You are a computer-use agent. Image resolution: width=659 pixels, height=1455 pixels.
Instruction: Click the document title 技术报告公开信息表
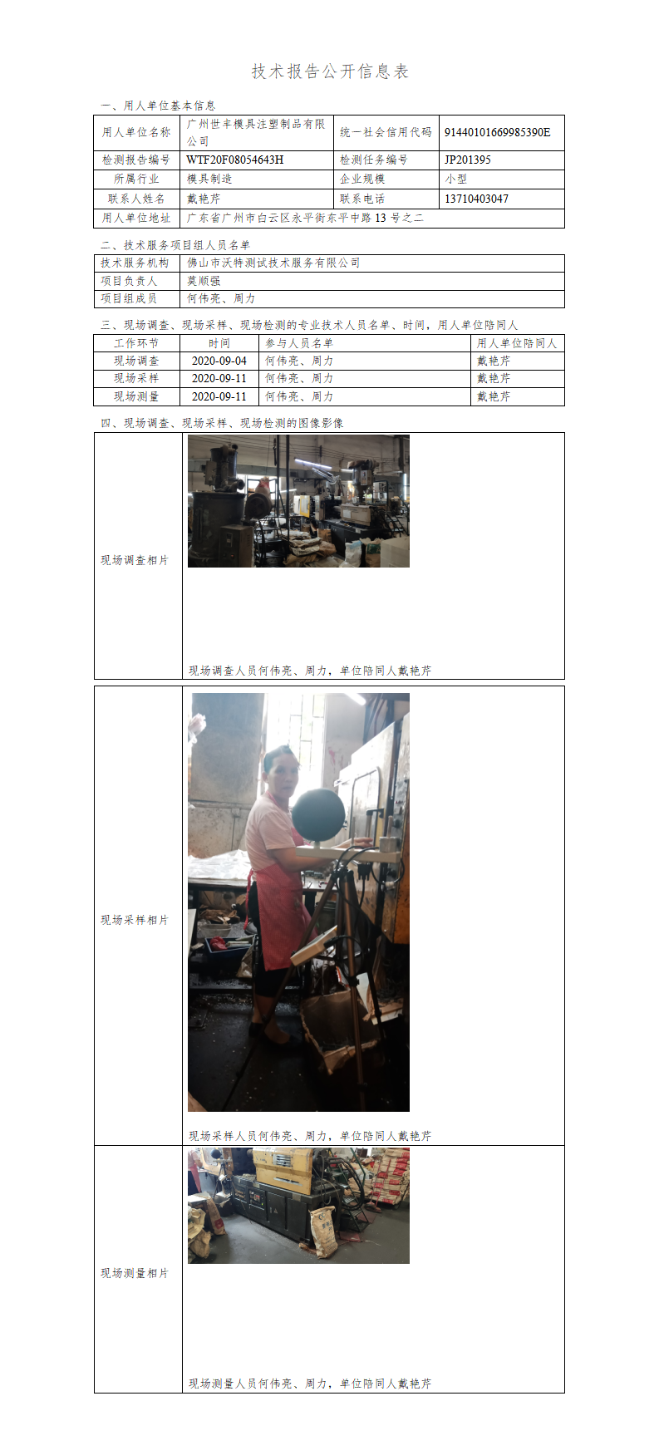(330, 71)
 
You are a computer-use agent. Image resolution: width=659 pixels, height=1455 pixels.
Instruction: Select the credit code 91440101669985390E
(497, 132)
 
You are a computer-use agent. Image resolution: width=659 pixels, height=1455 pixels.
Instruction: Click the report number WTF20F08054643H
(234, 160)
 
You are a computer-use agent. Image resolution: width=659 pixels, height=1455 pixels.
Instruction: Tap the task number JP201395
(467, 160)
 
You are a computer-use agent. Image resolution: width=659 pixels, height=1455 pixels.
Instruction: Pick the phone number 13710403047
(476, 199)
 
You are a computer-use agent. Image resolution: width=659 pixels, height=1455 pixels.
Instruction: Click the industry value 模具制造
(209, 179)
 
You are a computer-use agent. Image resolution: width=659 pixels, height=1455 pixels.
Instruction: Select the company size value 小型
(456, 179)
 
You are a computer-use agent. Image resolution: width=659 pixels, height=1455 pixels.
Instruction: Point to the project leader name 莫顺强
(204, 281)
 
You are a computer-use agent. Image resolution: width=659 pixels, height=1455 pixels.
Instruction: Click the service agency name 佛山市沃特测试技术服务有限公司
(273, 263)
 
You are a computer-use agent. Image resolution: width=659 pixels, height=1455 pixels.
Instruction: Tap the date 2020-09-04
(219, 361)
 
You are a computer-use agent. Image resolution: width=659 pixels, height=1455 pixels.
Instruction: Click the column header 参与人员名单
(299, 343)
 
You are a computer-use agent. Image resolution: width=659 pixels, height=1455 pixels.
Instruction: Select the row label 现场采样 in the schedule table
(136, 378)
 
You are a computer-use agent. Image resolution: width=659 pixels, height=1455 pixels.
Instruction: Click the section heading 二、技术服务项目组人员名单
(175, 245)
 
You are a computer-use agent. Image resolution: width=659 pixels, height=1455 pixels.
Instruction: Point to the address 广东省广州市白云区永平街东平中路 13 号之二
(305, 218)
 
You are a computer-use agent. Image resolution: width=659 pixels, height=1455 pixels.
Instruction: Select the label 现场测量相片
(135, 1273)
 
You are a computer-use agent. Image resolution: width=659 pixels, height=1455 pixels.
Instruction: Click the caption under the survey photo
(310, 671)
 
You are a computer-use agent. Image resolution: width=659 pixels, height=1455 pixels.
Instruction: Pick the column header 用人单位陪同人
(517, 343)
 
